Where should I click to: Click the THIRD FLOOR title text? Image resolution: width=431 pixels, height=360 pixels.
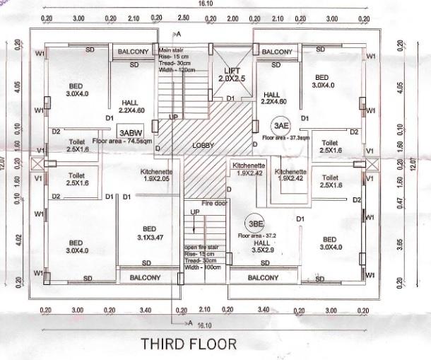[187, 344]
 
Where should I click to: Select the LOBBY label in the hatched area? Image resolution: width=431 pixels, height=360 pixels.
[203, 145]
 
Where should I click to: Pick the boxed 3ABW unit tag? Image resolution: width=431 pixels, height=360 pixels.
[131, 132]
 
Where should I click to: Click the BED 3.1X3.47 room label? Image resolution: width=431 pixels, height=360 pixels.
[149, 233]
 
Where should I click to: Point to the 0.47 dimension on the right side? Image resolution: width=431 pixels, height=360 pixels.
[401, 202]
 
